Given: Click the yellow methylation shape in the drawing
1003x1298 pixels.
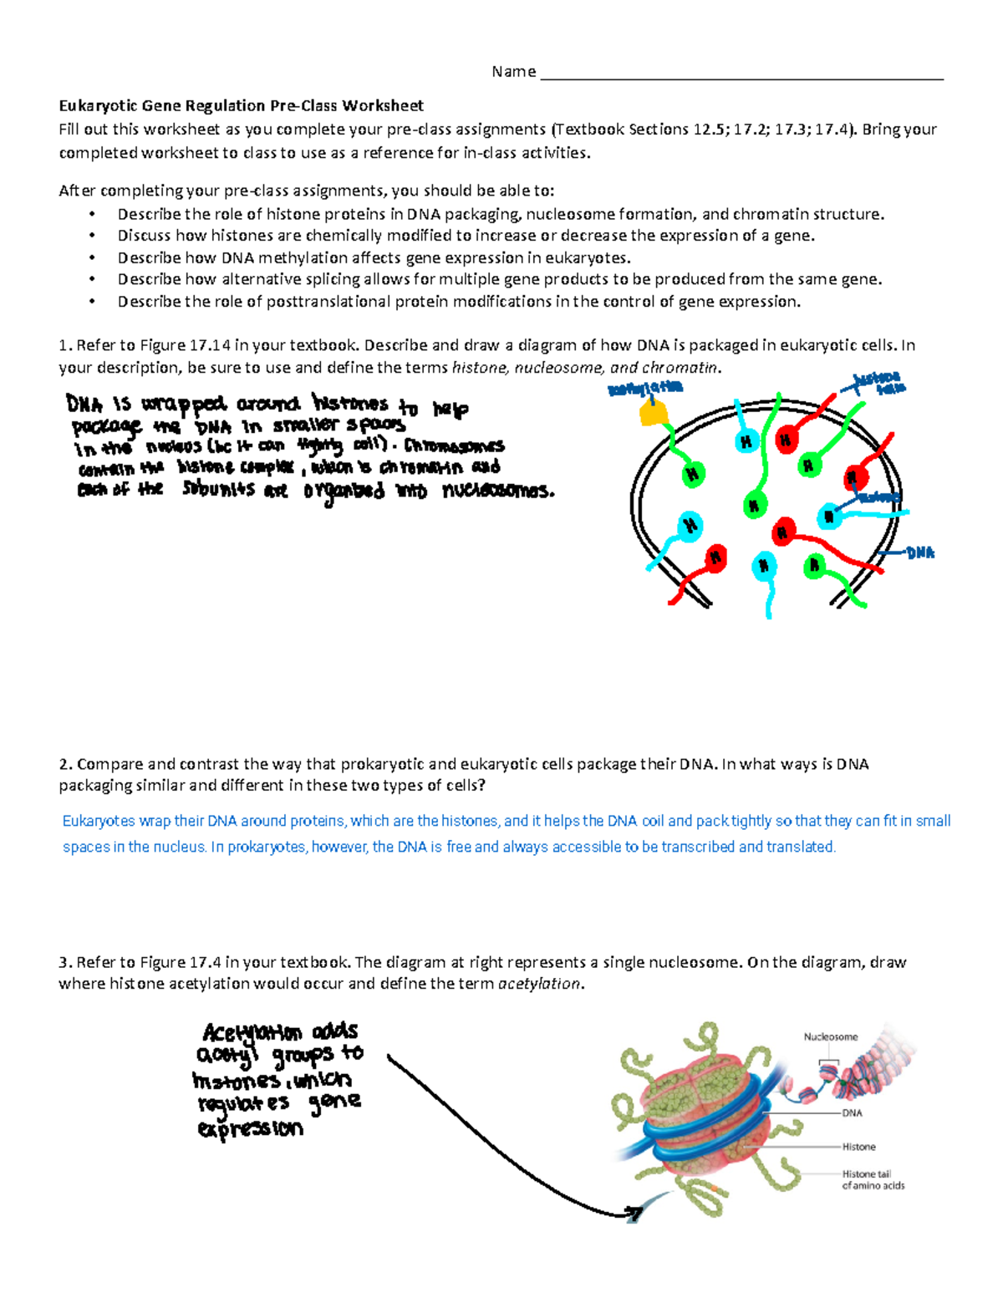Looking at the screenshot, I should coord(653,412).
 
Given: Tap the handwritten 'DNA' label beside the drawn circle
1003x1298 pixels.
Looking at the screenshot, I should coord(920,553).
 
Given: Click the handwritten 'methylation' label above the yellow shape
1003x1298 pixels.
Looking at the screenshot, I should coord(645,388).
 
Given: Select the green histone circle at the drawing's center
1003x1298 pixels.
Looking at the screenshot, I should coord(754,505).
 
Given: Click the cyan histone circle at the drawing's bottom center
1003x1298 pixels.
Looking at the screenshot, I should coord(764,567).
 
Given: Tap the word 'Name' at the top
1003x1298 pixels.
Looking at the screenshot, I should coord(513,72).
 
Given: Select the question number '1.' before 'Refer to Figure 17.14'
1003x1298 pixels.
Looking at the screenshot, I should coord(65,345).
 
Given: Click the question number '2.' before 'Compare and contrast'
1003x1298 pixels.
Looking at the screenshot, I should coord(65,764).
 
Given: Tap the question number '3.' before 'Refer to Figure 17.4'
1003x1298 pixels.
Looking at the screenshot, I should coord(65,962).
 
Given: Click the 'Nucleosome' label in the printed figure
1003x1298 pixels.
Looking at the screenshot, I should coord(830,1036).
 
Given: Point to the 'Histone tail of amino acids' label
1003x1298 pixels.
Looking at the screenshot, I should coord(872,1179).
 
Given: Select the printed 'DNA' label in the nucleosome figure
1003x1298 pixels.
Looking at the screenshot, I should coord(852,1113).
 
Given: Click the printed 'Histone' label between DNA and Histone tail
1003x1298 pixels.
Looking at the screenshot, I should coord(858,1147).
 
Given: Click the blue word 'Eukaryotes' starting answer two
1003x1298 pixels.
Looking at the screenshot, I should coord(99,821).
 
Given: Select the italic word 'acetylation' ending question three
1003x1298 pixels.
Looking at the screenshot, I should coord(538,984).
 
